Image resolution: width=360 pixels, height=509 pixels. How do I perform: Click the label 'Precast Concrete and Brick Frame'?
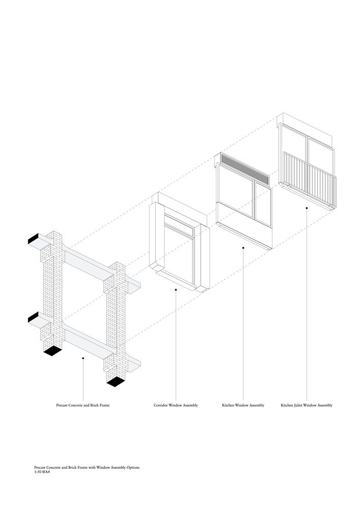coord(83,405)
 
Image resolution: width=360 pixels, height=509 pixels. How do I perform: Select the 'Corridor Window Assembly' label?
coord(176,405)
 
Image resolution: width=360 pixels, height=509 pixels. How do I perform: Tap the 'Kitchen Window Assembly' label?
coord(243,405)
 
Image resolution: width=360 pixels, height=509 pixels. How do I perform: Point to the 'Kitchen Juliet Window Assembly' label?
coord(307,405)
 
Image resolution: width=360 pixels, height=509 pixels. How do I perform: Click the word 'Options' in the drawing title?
coord(132,467)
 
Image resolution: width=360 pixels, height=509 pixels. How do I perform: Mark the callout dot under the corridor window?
coord(176,290)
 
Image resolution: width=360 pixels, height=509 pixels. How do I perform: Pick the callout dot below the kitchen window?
coord(243,248)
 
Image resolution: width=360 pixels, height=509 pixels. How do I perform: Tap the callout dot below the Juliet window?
coord(307,208)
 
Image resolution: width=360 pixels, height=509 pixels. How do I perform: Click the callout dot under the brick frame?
coord(83,358)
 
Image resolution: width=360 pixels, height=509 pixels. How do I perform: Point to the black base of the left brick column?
coord(52,351)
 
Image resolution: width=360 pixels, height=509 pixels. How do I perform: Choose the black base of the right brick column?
coord(116,382)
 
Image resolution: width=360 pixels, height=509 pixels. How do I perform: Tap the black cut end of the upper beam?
coord(33,239)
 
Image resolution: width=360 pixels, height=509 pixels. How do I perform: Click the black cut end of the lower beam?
coord(33,317)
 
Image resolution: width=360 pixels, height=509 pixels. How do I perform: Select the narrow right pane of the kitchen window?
coord(263,204)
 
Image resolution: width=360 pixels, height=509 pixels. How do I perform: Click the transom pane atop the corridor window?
coord(179,225)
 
